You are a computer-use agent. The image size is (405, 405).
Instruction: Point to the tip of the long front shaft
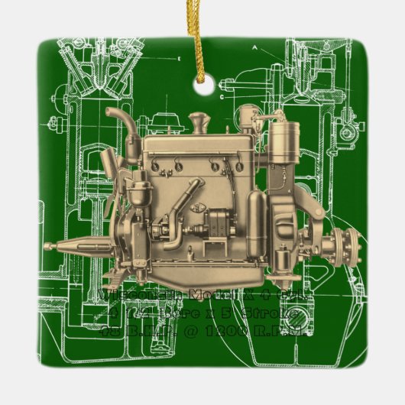47,246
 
